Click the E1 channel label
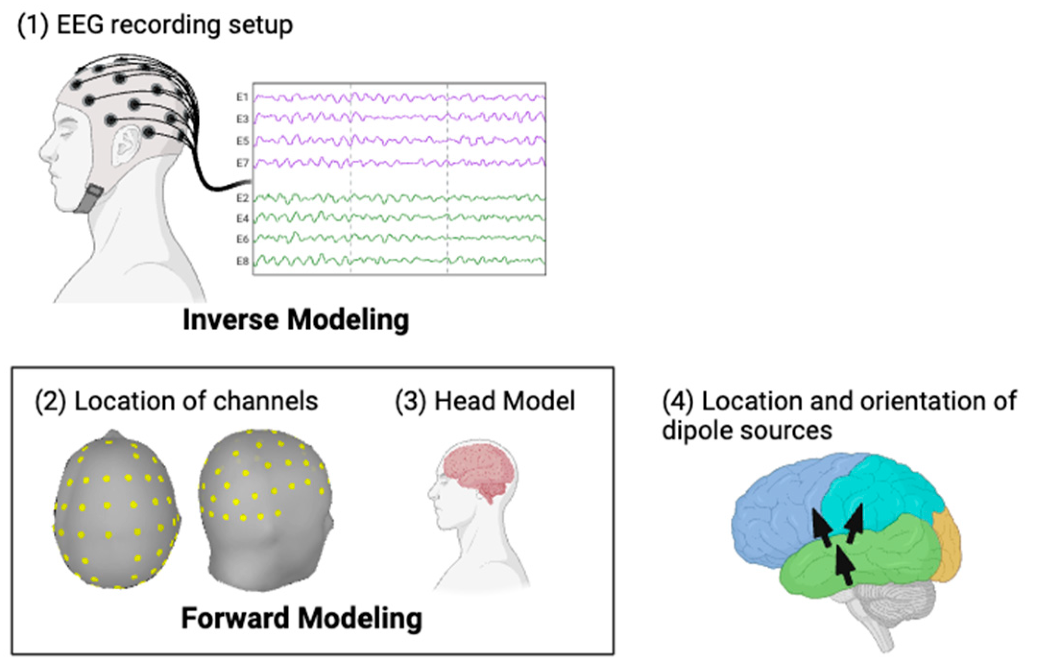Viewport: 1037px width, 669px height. point(242,97)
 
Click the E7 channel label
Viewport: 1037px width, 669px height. point(242,164)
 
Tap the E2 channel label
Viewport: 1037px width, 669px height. point(242,198)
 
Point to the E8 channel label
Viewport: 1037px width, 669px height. point(242,262)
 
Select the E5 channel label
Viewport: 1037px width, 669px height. point(242,141)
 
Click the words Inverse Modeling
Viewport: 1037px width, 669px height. point(296,320)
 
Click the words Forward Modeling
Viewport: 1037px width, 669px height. point(301,618)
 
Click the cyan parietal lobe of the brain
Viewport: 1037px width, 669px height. point(888,494)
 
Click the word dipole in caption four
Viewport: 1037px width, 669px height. point(698,430)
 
